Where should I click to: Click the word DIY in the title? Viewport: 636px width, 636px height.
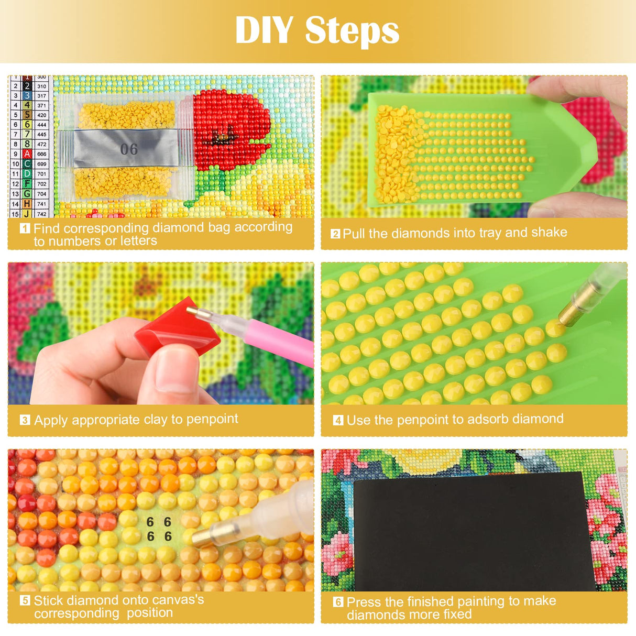[264, 30]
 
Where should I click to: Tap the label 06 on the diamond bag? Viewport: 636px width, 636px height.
[129, 149]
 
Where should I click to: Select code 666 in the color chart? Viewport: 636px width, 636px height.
[41, 154]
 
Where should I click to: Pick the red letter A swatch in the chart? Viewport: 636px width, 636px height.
[27, 154]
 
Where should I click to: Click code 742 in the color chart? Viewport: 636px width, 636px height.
[41, 214]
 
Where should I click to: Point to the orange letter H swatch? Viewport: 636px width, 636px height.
[27, 204]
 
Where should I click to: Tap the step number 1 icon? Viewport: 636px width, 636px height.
[25, 228]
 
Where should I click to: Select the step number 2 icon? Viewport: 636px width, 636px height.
[335, 234]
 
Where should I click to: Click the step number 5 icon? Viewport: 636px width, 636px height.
[25, 600]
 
